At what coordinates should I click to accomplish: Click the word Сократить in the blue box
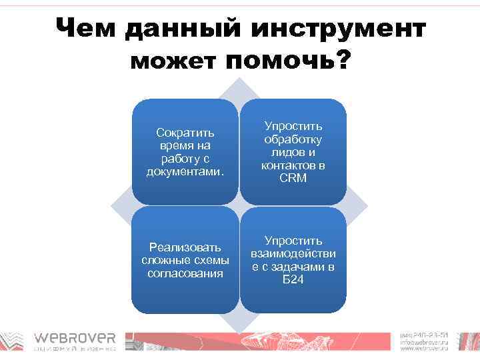[x=185, y=133]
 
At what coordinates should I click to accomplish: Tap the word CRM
[x=293, y=178]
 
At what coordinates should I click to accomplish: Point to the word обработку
[x=293, y=139]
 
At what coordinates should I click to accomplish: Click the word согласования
[x=185, y=273]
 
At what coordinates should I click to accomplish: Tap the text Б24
[x=293, y=279]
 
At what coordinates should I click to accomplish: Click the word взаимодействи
[x=293, y=254]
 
